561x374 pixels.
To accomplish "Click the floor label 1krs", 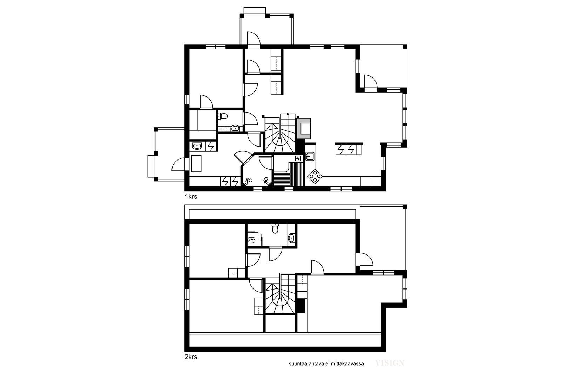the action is (191, 197).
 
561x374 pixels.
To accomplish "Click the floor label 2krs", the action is (191, 357).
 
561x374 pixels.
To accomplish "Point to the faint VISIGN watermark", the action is (390, 363).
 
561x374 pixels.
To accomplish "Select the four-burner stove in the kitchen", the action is (315, 177).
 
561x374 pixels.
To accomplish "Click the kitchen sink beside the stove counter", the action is (310, 156).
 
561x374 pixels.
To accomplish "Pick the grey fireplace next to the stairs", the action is (304, 128).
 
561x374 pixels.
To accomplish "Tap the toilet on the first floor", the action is (223, 116).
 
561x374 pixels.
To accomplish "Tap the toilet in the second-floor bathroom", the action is (275, 229).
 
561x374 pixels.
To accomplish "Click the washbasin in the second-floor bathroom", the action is (291, 238).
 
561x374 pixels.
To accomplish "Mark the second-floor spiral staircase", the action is (280, 294).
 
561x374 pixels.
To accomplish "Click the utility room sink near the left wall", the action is (197, 146).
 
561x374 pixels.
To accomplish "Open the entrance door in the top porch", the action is (254, 39).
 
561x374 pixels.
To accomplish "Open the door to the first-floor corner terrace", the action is (371, 81).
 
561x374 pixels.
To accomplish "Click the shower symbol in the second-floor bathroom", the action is (251, 239).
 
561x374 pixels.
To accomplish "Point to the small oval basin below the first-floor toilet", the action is (235, 128).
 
